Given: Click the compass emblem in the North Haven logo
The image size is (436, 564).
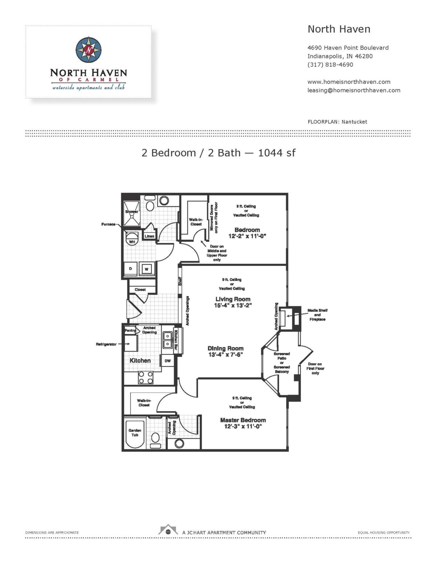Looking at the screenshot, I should [x=89, y=50].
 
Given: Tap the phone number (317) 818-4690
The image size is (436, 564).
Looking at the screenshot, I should [x=330, y=65].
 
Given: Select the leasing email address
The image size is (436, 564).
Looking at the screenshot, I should [x=354, y=90].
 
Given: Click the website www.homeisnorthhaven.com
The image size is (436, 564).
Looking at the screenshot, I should [x=349, y=82].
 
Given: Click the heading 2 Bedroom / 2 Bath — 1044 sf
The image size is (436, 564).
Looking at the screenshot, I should [x=218, y=153].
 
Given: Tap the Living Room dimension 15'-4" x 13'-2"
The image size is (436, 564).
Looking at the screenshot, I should [x=233, y=305].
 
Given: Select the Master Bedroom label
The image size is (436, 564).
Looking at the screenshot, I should [x=243, y=420].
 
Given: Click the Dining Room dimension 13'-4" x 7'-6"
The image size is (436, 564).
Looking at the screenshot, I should [x=225, y=354].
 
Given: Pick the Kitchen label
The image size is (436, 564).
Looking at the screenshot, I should [x=140, y=361].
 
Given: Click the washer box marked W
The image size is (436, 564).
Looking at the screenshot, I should [x=147, y=269].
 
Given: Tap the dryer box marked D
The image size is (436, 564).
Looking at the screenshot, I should [x=130, y=269].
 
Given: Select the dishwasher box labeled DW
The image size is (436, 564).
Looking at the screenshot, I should [x=167, y=361].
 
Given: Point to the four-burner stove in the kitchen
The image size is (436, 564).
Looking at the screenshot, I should [x=145, y=377].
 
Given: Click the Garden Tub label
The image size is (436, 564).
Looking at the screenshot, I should [x=135, y=433].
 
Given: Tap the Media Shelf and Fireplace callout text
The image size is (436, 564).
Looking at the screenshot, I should [x=317, y=315].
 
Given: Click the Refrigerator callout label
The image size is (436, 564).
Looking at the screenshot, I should [x=106, y=344].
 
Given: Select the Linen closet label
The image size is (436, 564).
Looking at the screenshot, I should [x=149, y=236].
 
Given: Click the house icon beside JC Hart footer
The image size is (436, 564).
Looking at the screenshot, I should [x=168, y=530].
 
